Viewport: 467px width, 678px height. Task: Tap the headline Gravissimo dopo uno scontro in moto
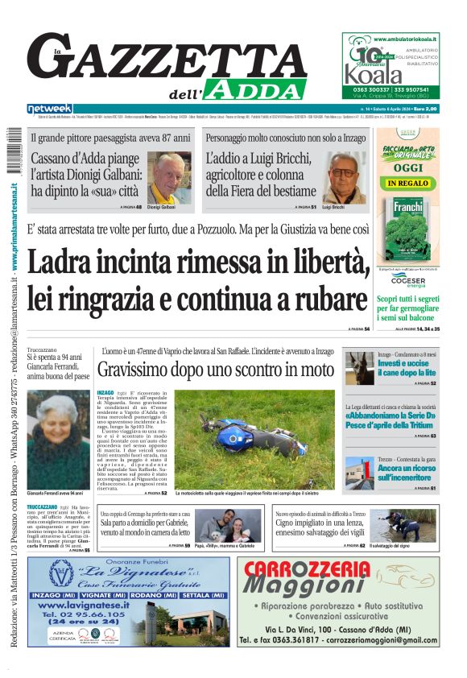tap(215, 370)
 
